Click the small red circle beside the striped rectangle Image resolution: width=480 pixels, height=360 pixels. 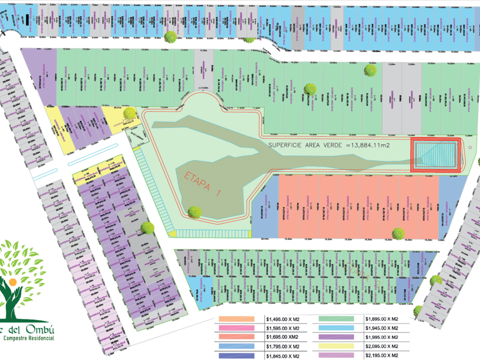470,147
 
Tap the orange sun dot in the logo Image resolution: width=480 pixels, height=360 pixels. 12,282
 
